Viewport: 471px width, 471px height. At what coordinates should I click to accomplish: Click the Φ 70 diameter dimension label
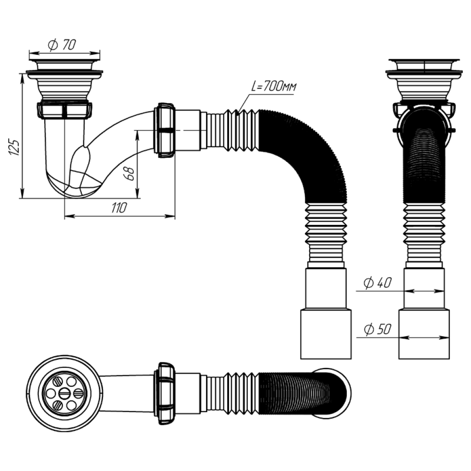coord(62,45)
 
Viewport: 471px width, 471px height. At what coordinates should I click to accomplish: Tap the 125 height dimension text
coord(14,147)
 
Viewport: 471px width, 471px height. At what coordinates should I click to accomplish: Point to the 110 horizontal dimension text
coord(119,207)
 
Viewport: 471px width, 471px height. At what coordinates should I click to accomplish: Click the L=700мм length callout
coord(274,87)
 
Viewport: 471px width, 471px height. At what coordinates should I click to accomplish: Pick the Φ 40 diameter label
coord(378,283)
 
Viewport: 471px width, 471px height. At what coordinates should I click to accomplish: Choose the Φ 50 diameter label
coord(378,329)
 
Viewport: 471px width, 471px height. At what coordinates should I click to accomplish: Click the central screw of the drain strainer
coord(64,393)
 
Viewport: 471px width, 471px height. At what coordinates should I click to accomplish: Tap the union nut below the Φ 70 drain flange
coord(64,110)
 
